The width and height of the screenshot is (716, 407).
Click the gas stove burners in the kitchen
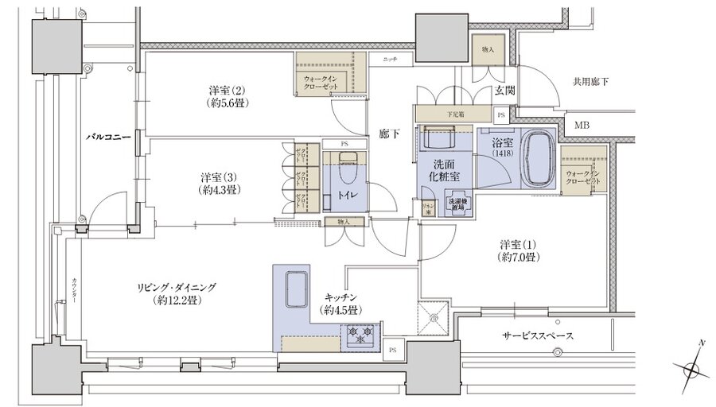pyautogui.click(x=361, y=333)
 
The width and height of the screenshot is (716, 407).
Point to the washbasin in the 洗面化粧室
pyautogui.click(x=437, y=138)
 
